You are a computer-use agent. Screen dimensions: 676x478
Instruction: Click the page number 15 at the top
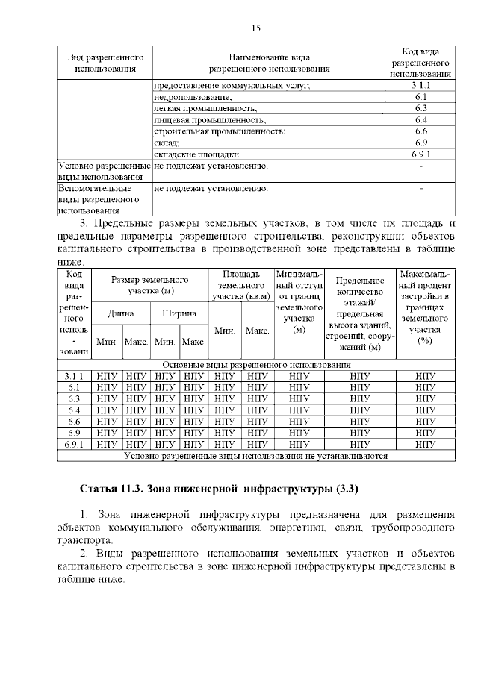pos(255,28)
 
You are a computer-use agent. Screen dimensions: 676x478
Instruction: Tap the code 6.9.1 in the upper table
pos(420,154)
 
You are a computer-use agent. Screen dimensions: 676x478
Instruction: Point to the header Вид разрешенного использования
pos(105,63)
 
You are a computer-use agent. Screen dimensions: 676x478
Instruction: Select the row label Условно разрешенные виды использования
pos(104,171)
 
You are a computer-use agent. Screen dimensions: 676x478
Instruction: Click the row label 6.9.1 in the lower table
pos(74,444)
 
